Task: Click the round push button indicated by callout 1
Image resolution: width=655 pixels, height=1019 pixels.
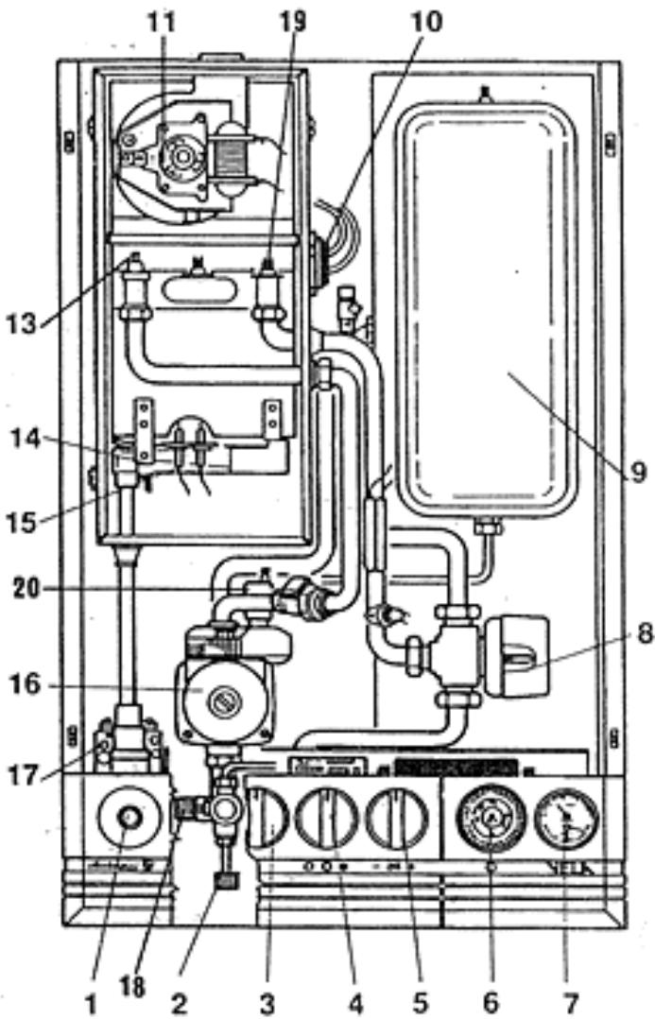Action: pos(128,815)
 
